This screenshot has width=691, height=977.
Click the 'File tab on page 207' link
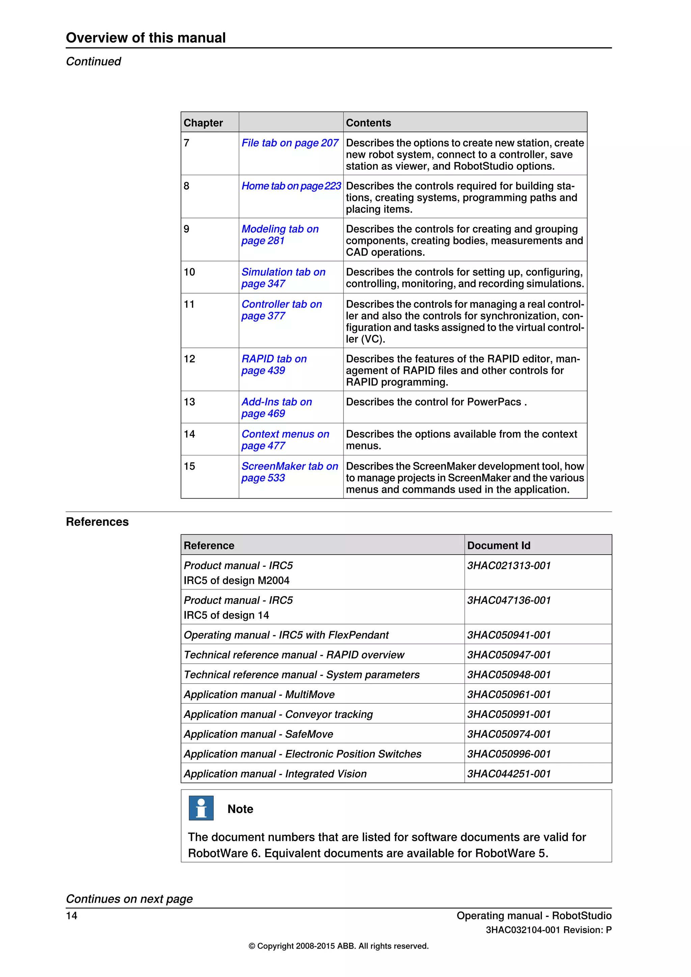pyautogui.click(x=290, y=143)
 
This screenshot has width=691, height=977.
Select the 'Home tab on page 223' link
pyautogui.click(x=291, y=186)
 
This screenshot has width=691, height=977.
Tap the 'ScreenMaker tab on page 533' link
pyautogui.click(x=289, y=472)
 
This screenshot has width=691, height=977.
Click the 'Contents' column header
pyautogui.click(x=368, y=123)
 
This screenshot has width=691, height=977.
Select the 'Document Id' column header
pyautogui.click(x=498, y=546)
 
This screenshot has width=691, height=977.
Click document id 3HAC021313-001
pyautogui.click(x=508, y=565)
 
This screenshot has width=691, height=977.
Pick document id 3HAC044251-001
pyautogui.click(x=508, y=774)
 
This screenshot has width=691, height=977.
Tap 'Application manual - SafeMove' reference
pyautogui.click(x=258, y=734)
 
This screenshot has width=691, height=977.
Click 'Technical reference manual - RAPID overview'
pyautogui.click(x=294, y=655)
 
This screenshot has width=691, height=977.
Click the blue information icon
pyautogui.click(x=201, y=808)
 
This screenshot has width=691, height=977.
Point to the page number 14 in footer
pyautogui.click(x=72, y=916)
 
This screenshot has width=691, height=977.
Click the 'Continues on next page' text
pyautogui.click(x=129, y=899)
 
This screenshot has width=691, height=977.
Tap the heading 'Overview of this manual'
pyautogui.click(x=145, y=38)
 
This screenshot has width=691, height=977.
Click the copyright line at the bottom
pyautogui.click(x=338, y=946)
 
